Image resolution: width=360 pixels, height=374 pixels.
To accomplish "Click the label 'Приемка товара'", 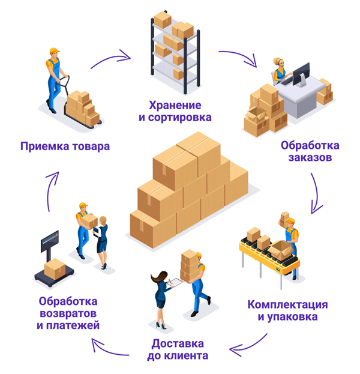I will pos(65,146).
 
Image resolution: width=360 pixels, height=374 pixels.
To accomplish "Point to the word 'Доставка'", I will pos(178,343).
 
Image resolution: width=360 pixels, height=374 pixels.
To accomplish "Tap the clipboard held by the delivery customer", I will pos(175,282).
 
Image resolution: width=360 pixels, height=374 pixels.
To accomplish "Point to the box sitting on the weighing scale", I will pos(55,267).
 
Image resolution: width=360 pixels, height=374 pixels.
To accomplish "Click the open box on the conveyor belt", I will pos(280,248).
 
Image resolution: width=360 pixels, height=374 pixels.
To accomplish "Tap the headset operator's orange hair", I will pos(278,62).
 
